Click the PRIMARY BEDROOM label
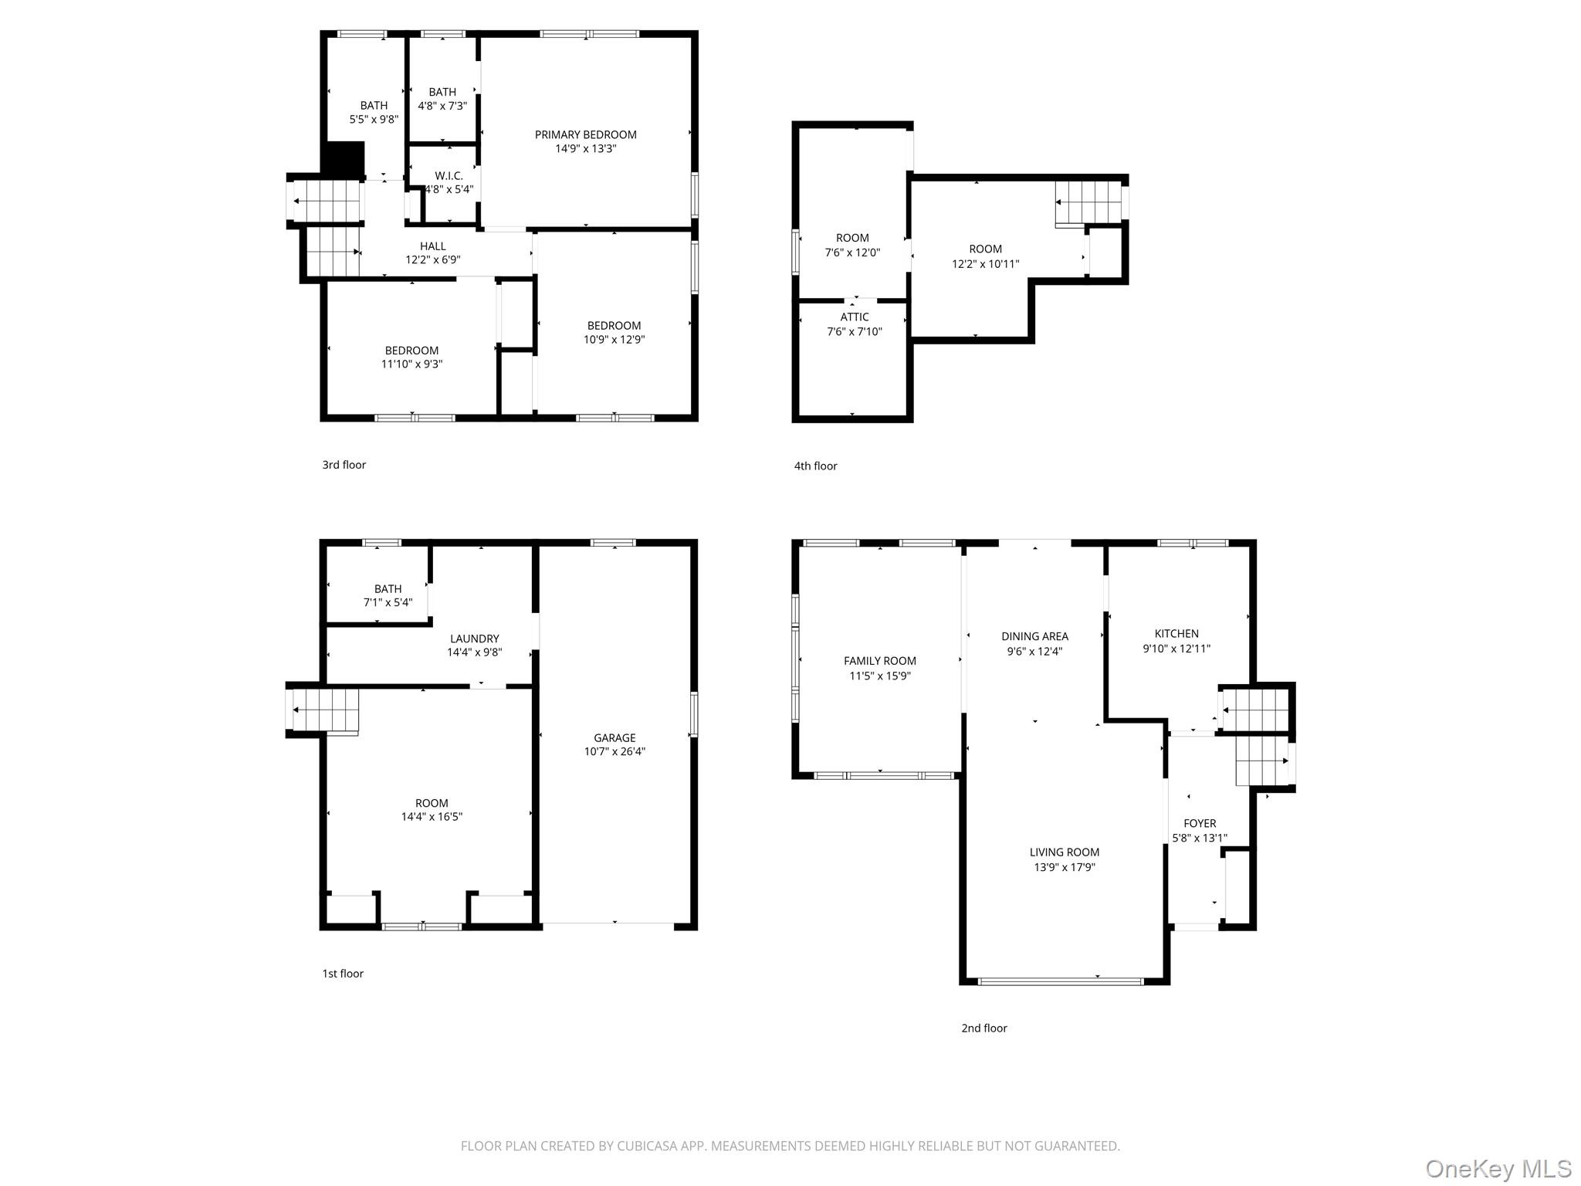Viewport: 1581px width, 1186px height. click(585, 134)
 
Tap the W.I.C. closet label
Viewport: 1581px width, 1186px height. click(449, 176)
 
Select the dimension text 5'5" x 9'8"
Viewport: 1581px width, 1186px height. click(374, 120)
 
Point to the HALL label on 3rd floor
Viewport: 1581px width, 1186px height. click(432, 246)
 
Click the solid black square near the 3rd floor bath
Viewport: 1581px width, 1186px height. click(343, 159)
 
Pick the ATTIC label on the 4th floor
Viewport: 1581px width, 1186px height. click(854, 317)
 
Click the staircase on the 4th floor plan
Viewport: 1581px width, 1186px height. click(1088, 203)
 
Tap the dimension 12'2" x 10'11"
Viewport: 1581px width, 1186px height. click(985, 264)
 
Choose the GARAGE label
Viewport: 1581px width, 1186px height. click(614, 738)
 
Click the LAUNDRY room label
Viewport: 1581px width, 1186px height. click(474, 639)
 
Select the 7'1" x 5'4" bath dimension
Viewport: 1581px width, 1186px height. click(388, 602)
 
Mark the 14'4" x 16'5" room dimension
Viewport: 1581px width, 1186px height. click(432, 817)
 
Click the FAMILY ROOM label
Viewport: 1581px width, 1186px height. click(879, 661)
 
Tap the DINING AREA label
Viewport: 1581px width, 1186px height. click(1034, 636)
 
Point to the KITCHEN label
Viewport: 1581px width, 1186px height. click(1176, 634)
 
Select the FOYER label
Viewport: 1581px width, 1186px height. click(1199, 824)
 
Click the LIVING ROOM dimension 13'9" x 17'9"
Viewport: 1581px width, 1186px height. click(1064, 867)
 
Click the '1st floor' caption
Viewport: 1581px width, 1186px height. click(343, 974)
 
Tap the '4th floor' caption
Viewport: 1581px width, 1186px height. click(815, 466)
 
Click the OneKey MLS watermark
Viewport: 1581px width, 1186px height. click(1498, 1168)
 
